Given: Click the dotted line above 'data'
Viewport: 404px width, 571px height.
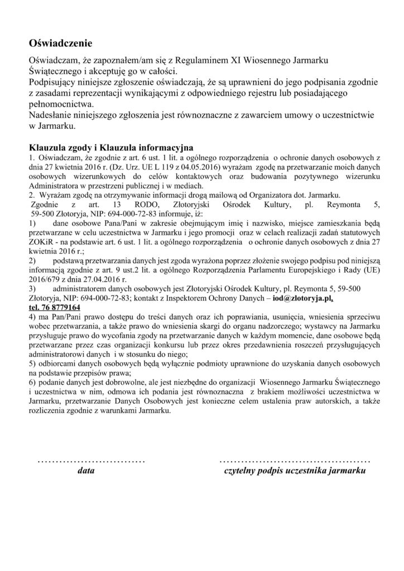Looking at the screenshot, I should [90, 461].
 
